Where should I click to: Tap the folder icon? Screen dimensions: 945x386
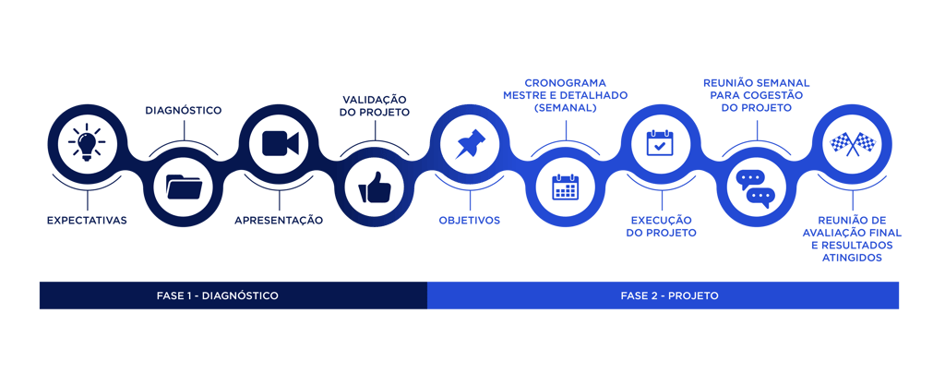pyautogui.click(x=184, y=187)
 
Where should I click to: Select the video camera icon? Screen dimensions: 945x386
pyautogui.click(x=281, y=143)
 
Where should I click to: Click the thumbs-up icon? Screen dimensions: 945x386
pyautogui.click(x=375, y=187)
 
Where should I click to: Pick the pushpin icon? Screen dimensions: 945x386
pyautogui.click(x=472, y=143)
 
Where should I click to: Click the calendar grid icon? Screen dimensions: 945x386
pyautogui.click(x=565, y=187)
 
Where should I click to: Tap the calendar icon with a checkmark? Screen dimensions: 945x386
pyautogui.click(x=661, y=143)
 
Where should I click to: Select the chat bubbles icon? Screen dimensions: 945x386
pyautogui.click(x=756, y=187)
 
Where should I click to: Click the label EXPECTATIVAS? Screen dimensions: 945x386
pyautogui.click(x=88, y=221)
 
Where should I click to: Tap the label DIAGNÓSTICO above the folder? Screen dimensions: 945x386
pyautogui.click(x=184, y=111)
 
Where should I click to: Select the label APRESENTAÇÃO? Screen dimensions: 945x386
pyautogui.click(x=279, y=221)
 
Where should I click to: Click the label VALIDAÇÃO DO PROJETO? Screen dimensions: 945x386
pyautogui.click(x=376, y=104)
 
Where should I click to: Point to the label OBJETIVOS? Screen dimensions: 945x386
pyautogui.click(x=470, y=221)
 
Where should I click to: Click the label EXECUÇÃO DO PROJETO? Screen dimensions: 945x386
pyautogui.click(x=662, y=226)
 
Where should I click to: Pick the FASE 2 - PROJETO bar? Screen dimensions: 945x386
pyautogui.click(x=664, y=296)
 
